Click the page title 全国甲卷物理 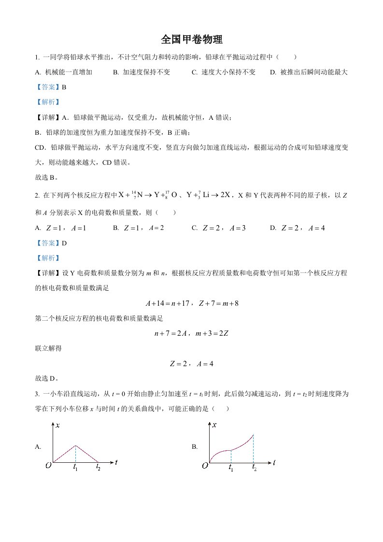click(x=191, y=39)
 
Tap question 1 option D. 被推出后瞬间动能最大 click(x=309, y=72)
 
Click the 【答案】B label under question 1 click(x=51, y=87)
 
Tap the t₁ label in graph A click(x=75, y=467)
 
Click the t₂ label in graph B click(x=254, y=468)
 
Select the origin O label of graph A click(x=48, y=466)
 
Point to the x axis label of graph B click(x=214, y=425)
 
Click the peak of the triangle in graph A click(x=75, y=445)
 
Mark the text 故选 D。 click(x=47, y=378)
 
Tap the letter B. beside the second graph click(x=195, y=447)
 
